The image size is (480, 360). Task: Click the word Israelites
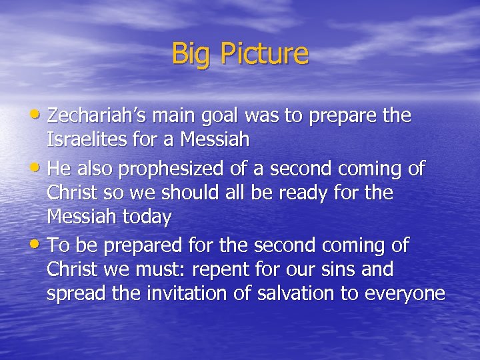coord(86,140)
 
